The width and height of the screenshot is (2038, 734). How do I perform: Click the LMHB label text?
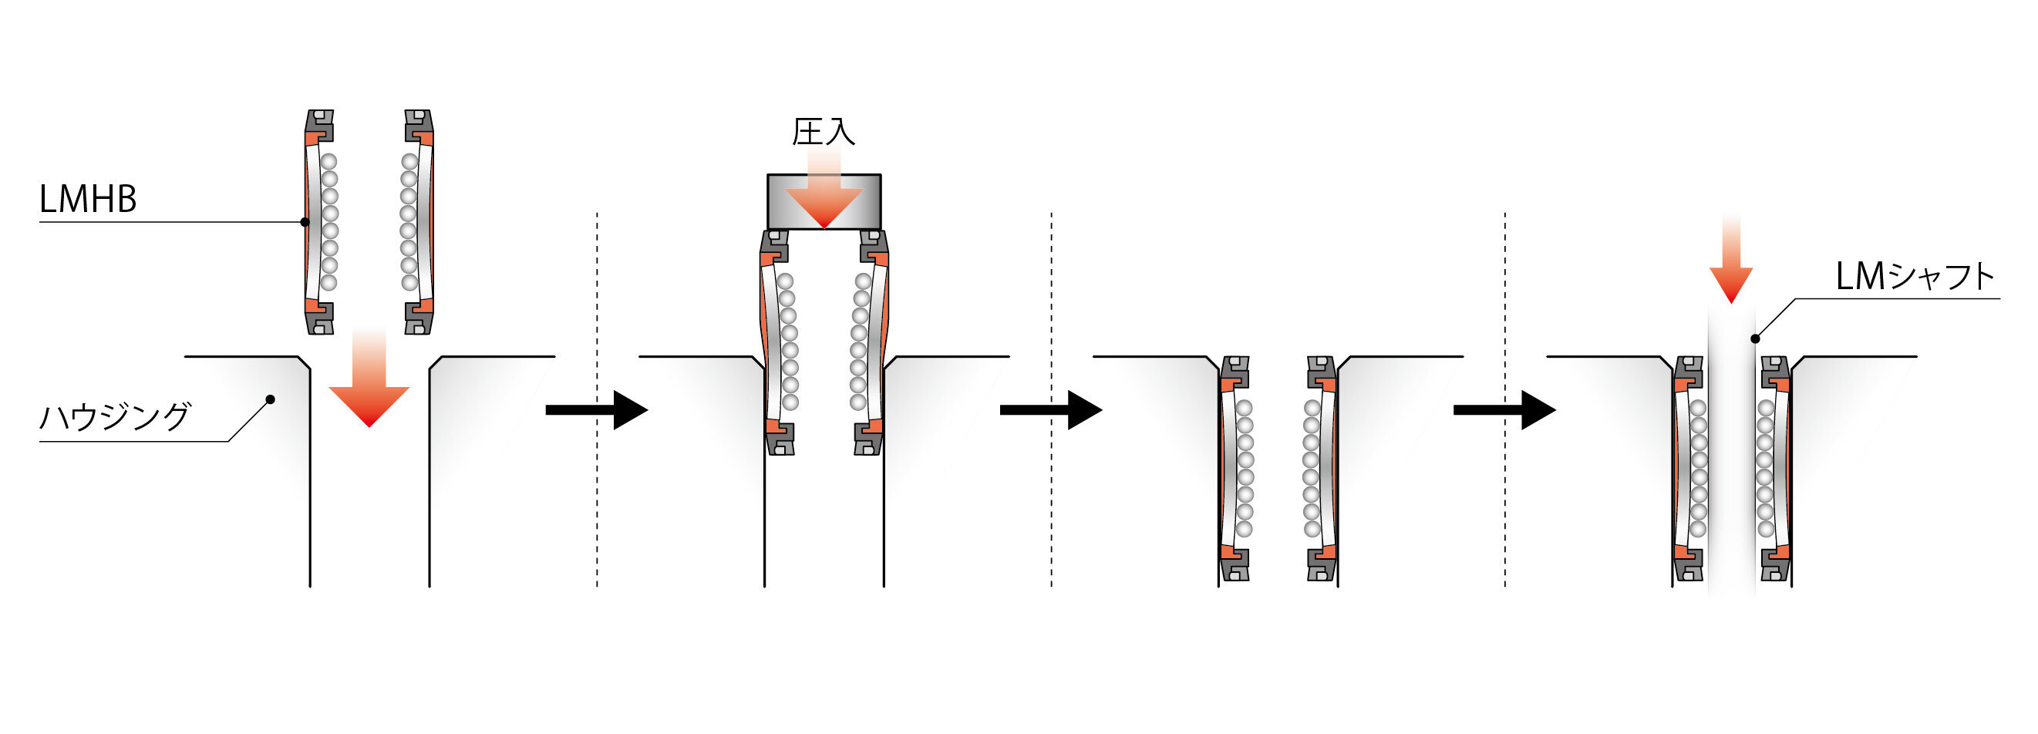(88, 200)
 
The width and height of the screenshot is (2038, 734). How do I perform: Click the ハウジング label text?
(116, 416)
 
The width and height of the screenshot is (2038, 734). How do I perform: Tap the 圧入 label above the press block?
(824, 132)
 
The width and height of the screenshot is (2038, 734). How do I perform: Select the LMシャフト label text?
(1915, 277)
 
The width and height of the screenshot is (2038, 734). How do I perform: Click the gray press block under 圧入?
(824, 202)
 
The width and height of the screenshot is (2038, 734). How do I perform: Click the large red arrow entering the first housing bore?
(369, 377)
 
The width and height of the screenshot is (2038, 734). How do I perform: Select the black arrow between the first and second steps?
(597, 409)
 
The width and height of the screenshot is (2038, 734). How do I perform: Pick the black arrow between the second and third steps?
(1051, 409)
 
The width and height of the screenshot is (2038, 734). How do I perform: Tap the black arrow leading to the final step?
(1504, 409)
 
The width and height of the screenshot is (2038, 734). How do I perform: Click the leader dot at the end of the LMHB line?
(305, 221)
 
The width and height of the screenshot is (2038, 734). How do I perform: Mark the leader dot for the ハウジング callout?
(270, 399)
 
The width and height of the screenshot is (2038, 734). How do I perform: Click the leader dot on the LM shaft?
(1755, 338)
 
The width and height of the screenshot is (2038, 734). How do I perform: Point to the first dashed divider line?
(597, 399)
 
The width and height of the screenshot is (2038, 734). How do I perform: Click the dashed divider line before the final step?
(1504, 399)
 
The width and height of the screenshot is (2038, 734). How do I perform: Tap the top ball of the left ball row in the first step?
(328, 162)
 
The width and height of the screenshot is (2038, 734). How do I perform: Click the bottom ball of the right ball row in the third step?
(1312, 529)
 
